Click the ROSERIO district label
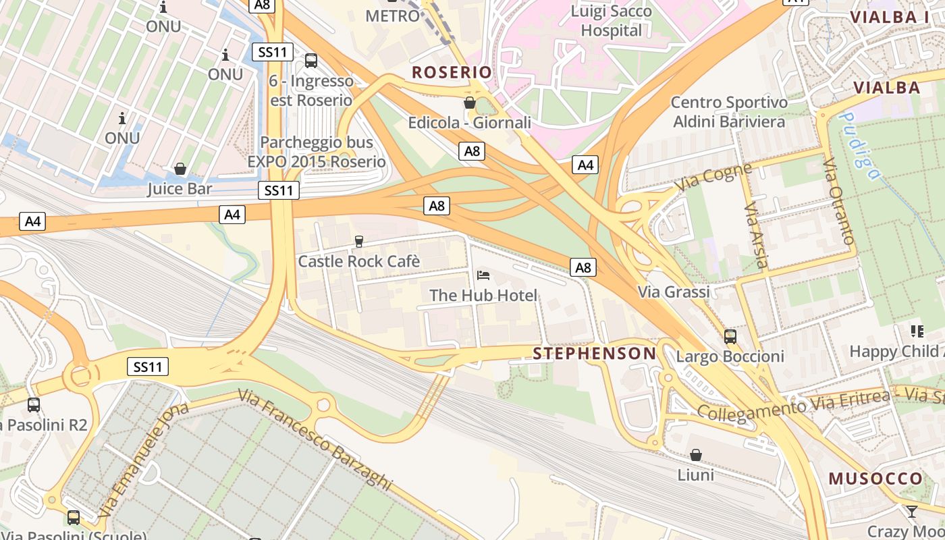452,72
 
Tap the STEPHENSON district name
594,354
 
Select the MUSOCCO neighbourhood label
875,479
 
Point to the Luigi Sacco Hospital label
612,21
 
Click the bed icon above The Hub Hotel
483,275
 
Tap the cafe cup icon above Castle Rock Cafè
359,241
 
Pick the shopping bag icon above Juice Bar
180,168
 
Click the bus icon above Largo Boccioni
730,336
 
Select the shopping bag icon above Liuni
695,455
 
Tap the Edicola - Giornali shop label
469,123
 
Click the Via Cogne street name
713,178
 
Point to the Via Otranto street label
839,201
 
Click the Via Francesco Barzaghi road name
315,439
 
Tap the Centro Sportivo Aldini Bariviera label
729,112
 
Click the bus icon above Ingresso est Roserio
311,60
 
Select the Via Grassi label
674,292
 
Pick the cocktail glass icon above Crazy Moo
912,511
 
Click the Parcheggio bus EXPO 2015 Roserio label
317,152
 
